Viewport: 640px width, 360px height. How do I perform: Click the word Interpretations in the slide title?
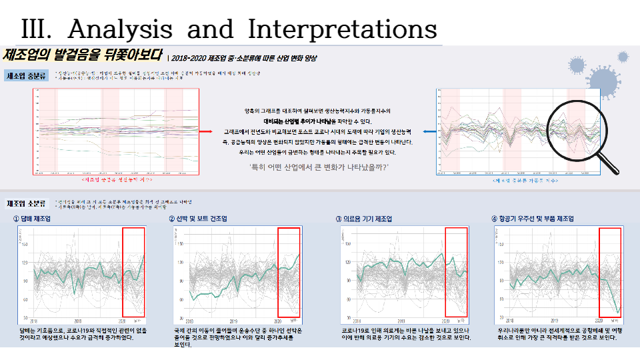point(342,29)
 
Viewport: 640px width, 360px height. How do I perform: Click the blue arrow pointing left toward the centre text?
point(427,131)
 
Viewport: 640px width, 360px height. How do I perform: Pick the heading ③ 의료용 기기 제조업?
point(363,219)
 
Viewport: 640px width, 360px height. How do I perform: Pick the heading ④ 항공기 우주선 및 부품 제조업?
point(533,219)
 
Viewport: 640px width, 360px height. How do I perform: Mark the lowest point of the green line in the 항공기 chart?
point(618,311)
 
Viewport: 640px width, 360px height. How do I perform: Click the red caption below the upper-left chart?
point(116,179)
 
